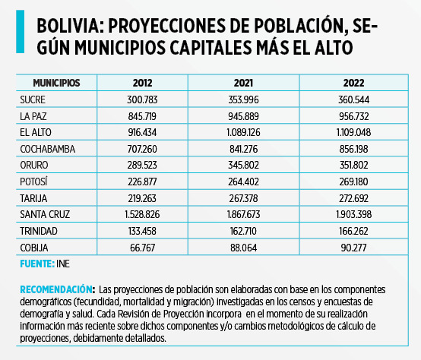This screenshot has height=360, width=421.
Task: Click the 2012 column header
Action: (142, 83)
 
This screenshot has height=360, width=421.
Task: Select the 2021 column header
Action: (243, 83)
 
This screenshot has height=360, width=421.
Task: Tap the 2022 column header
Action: (353, 83)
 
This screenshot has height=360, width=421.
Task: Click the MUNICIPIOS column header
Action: (56, 83)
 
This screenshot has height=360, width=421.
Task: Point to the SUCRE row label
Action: (33, 99)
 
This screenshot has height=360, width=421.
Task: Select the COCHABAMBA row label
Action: (48, 149)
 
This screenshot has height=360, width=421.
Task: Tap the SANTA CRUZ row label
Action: (45, 214)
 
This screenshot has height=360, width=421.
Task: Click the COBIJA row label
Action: (34, 248)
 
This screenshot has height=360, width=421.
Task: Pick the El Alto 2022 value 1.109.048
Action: (353, 132)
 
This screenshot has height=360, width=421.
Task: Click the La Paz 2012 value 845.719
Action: (142, 116)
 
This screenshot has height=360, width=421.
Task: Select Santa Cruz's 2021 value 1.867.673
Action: (243, 214)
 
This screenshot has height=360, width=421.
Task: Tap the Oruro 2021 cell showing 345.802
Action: (243, 165)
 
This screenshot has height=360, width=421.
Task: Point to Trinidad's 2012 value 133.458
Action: (142, 231)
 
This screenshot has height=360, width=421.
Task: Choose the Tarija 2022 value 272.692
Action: (353, 198)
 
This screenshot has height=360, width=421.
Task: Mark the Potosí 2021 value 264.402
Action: (243, 182)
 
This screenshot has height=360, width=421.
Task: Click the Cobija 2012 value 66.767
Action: (142, 248)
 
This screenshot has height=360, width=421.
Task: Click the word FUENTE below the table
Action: (37, 264)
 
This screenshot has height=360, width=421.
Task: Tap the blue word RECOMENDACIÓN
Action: (57, 289)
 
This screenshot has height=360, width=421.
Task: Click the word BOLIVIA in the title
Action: (71, 27)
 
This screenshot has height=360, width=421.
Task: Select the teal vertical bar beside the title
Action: (20, 31)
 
